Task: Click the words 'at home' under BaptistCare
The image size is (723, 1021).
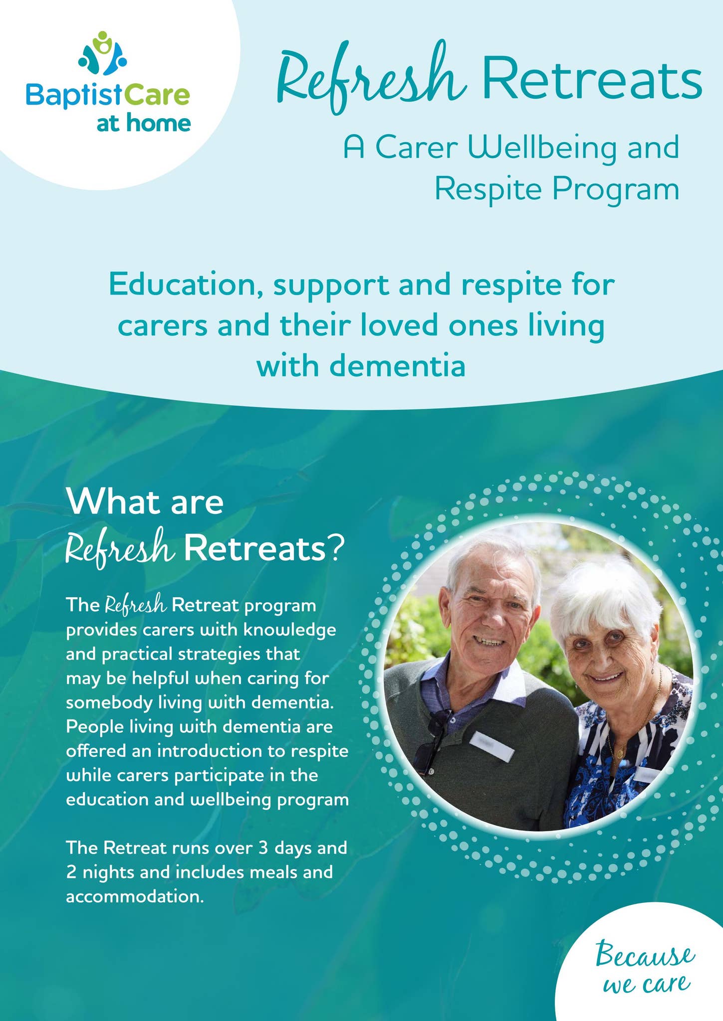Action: pos(144,123)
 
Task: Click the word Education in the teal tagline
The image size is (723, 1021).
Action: pos(185,285)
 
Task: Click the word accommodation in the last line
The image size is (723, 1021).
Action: pos(135,896)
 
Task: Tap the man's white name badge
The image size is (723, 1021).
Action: pos(491,746)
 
